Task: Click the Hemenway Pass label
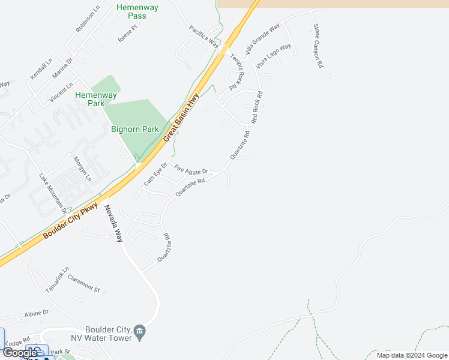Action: [131, 11]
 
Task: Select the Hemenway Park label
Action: [95, 99]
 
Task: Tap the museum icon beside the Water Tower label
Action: [140, 331]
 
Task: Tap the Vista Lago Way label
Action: [273, 55]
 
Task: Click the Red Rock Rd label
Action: [258, 107]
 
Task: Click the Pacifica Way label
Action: [204, 36]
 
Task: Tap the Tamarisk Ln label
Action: [58, 280]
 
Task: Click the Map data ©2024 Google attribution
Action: [411, 355]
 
